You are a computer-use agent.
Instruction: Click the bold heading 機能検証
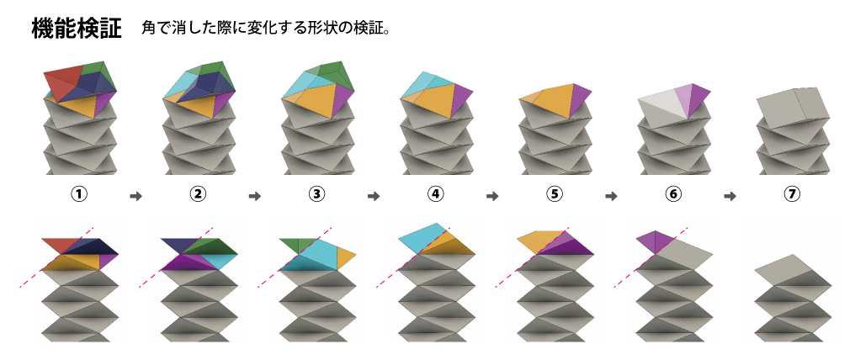(77, 29)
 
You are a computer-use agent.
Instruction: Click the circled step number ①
(80, 194)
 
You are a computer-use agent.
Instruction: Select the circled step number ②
(199, 194)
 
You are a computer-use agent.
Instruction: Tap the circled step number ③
(317, 194)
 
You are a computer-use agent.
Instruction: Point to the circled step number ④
(436, 194)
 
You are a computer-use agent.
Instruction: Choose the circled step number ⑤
(554, 194)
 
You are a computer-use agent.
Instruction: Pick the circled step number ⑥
(672, 194)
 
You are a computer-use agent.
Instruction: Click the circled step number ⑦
(791, 194)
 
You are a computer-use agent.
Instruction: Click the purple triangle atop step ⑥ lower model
(655, 241)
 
